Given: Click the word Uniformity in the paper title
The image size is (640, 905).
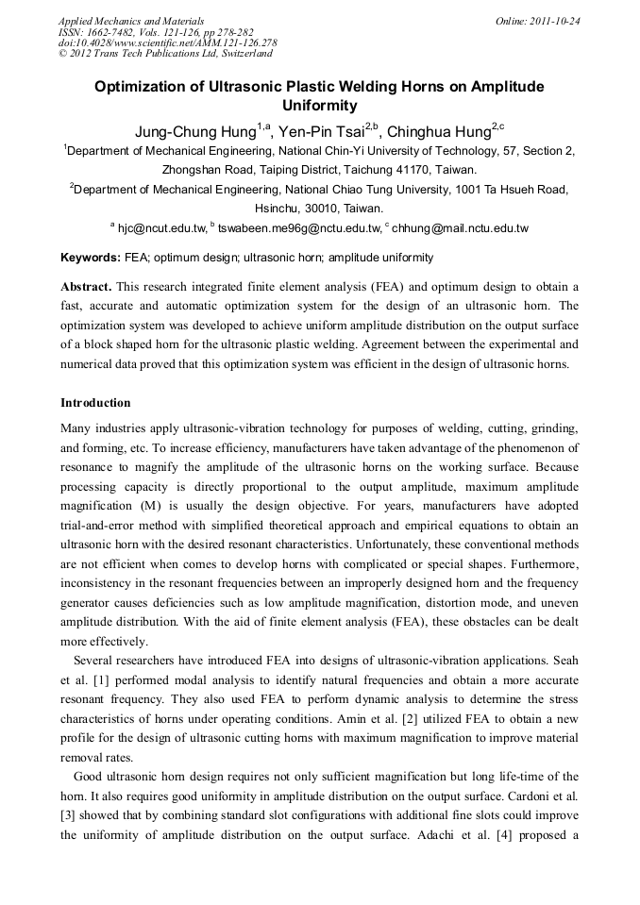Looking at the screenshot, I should (320, 106).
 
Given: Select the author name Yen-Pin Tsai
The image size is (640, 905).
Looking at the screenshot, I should (318, 130).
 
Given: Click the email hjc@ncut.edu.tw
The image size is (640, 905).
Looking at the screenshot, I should (160, 228).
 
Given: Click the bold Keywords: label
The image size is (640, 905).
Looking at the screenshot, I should (91, 258).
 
